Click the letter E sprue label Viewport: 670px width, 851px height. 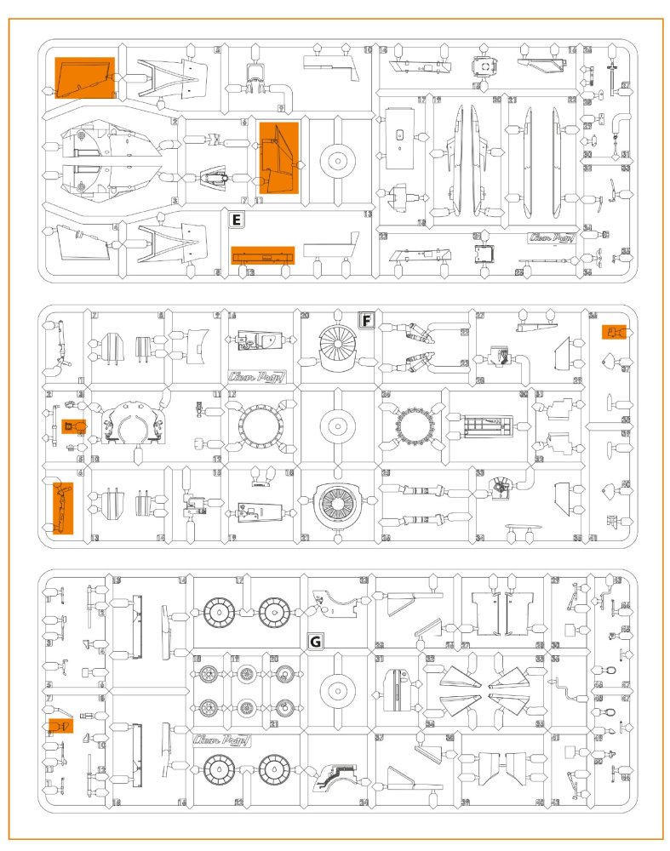click(238, 220)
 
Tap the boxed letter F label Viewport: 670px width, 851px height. click(366, 320)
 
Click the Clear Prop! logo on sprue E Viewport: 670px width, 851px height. click(549, 238)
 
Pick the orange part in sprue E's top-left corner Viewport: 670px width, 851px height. click(84, 77)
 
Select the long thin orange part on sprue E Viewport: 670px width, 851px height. click(263, 255)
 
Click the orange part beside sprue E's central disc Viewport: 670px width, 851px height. click(278, 158)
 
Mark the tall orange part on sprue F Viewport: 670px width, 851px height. click(62, 507)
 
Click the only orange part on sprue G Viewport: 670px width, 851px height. click(59, 725)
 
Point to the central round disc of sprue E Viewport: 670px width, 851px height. click(338, 159)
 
